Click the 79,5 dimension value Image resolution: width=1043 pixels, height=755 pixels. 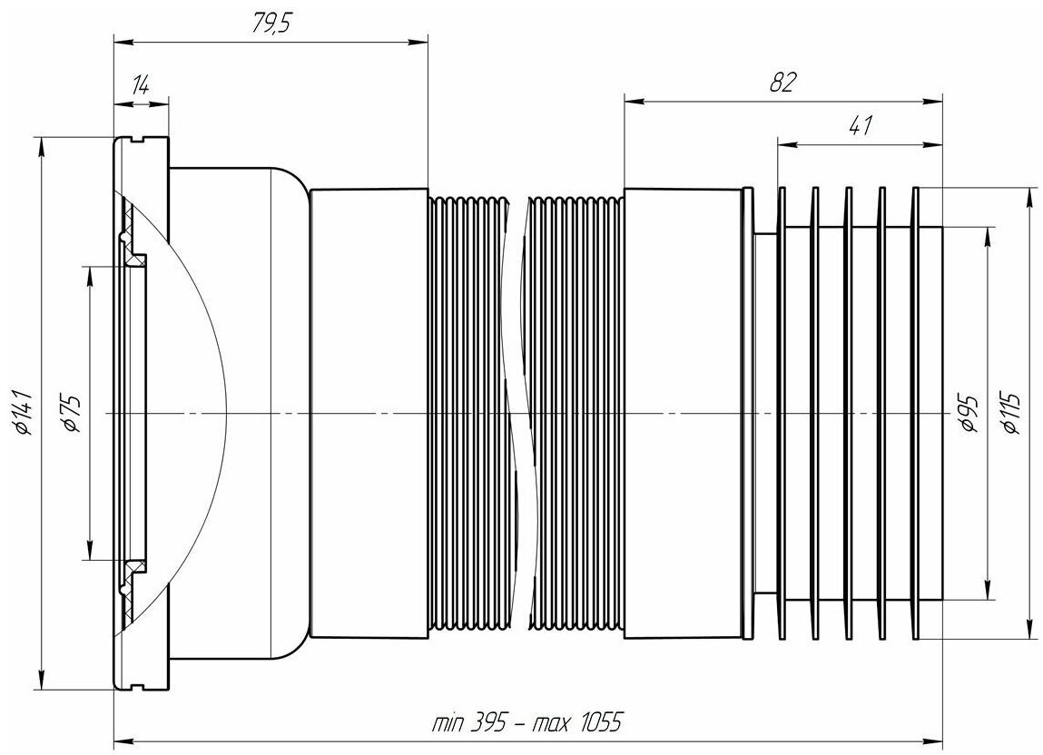(x=272, y=24)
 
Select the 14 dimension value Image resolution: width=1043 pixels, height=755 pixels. (x=140, y=86)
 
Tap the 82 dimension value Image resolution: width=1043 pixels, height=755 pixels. (x=782, y=83)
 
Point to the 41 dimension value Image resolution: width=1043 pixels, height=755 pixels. (x=860, y=125)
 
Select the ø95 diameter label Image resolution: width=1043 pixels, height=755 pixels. (x=969, y=413)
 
